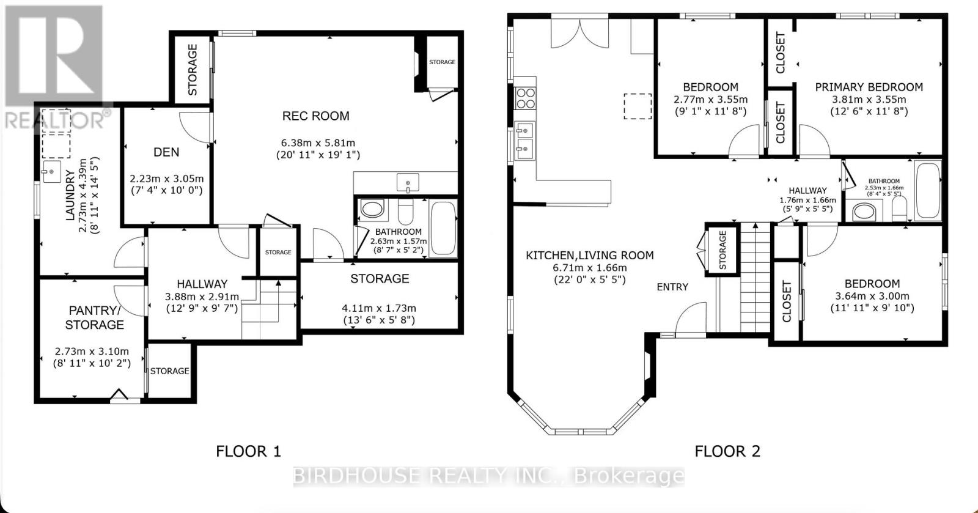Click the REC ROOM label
315,116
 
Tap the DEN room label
166,152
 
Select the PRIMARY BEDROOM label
869,87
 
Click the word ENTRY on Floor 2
672,287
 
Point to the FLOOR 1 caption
248,451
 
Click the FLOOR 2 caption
727,451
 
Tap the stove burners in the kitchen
526,98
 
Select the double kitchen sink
525,140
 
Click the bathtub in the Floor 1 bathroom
443,228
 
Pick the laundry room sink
51,172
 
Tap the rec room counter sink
407,183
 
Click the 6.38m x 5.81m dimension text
315,142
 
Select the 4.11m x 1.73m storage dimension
379,308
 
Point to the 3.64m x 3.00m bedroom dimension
872,296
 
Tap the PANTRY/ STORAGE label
94,317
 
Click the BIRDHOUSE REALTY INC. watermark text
489,476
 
